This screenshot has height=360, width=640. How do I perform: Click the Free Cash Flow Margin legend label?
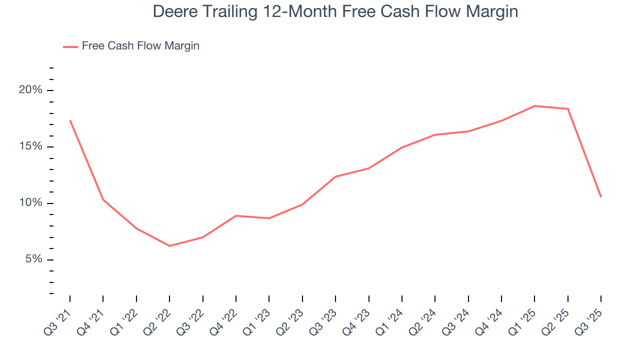[140, 46]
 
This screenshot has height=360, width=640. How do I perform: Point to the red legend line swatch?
[70, 46]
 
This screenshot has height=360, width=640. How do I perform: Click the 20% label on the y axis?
[30, 90]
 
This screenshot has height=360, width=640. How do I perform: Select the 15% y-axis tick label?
[30, 147]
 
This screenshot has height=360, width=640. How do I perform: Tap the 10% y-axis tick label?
[30, 203]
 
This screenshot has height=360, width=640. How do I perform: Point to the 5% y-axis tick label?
[33, 259]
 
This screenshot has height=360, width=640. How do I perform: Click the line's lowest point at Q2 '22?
[169, 245]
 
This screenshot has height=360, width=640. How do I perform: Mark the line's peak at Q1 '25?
[534, 106]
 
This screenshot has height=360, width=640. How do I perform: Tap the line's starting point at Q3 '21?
[70, 120]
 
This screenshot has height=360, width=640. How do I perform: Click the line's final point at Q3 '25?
[600, 196]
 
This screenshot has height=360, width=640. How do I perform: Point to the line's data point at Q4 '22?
[236, 215]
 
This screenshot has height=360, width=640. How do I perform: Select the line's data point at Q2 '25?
[567, 109]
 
